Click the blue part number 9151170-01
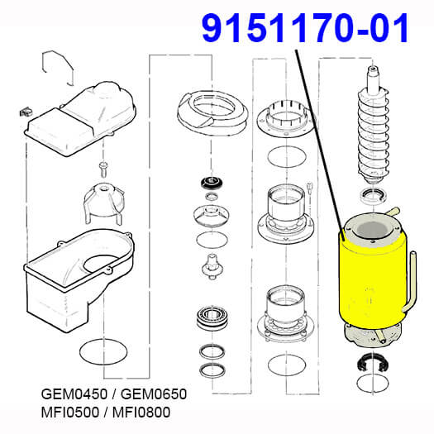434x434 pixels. tap(305, 28)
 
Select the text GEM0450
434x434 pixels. tap(74, 393)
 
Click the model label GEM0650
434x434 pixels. tap(154, 393)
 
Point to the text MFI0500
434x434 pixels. tap(70, 413)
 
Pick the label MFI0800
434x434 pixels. tap(141, 413)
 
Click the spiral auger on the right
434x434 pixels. tap(373, 125)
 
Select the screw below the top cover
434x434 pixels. tap(103, 169)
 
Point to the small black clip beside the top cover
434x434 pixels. tap(26, 112)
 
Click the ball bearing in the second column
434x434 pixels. tap(212, 318)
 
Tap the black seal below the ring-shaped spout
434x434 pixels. tap(212, 183)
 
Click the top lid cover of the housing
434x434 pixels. tap(80, 119)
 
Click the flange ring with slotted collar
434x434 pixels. tap(286, 118)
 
